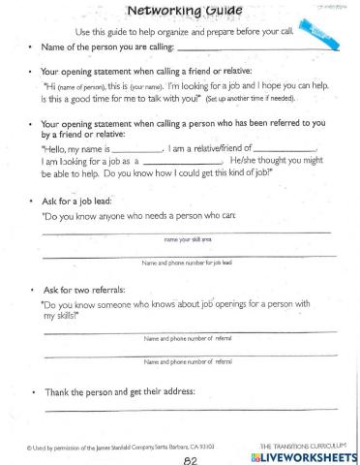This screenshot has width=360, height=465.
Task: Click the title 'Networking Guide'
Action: coord(180,12)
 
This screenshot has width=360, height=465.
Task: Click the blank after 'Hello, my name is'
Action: coord(132,149)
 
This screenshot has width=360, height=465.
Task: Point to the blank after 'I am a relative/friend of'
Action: coord(289,149)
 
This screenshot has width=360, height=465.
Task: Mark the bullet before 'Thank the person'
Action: coord(33,392)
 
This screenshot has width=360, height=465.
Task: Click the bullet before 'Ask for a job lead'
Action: coord(33,201)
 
